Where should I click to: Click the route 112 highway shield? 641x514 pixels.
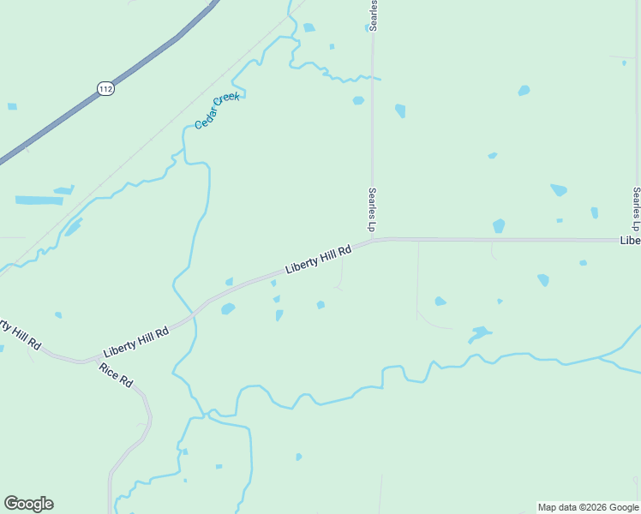pos(105,88)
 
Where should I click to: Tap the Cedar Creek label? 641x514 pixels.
pos(217,111)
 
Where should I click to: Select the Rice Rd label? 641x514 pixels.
pos(116,375)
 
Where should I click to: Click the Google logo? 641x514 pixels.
pos(28,504)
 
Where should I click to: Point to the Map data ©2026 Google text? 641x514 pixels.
pos(589,507)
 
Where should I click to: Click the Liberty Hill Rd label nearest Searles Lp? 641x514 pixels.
pos(319,260)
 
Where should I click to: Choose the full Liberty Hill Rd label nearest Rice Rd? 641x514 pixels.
pos(135,341)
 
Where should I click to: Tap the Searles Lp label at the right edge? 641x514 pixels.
pos(636,209)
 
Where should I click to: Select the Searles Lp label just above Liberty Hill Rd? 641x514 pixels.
pos(372,210)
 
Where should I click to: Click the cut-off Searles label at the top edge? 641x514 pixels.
pos(374,16)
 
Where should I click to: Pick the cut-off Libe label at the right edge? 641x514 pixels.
pos(630,242)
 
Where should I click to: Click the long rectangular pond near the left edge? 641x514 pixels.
pos(39,200)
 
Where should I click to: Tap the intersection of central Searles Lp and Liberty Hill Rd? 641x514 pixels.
pos(373,242)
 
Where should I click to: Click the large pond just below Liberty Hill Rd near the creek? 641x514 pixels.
pos(228,308)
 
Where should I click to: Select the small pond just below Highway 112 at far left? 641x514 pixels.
pos(12,106)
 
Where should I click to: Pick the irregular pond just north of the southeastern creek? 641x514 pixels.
pos(479,332)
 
